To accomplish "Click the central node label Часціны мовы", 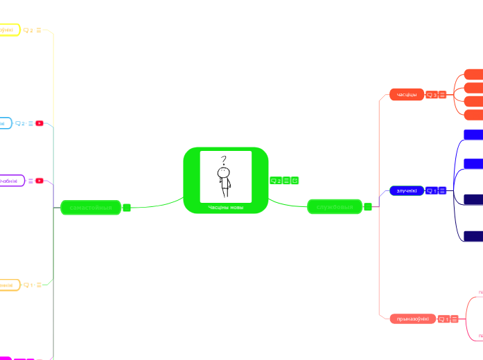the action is tap(225, 207).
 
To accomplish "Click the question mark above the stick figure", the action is tap(224, 160).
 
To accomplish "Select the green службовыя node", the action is tap(335, 206).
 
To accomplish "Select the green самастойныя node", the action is tap(90, 207).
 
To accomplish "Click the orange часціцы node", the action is tap(406, 94).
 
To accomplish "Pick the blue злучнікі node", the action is tap(406, 190).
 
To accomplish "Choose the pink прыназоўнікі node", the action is tap(413, 318).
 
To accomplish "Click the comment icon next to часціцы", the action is tap(431, 95).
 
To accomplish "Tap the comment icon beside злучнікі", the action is tap(431, 190).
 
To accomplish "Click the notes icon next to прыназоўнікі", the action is tap(455, 319).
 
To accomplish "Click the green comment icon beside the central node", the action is tap(275, 181).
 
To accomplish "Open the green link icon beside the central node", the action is tap(295, 181).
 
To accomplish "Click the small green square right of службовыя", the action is tap(368, 206).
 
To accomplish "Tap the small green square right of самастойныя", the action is tap(127, 207).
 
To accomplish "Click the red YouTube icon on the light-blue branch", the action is tap(39, 123).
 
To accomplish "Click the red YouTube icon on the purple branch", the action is tap(39, 181).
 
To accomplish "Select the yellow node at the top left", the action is tap(8, 30).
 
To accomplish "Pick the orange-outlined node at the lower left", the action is tap(8, 285).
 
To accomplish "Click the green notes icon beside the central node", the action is tap(286, 181).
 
